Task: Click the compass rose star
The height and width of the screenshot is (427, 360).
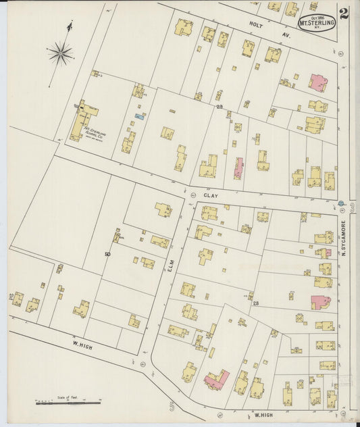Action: point(61,52)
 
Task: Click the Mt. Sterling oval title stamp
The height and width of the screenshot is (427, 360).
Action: point(317,22)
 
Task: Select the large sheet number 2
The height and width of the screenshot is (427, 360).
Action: point(344,14)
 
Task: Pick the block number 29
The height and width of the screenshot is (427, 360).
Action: point(220,106)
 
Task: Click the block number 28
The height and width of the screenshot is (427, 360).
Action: point(255,303)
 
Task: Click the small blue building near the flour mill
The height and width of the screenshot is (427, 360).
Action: point(139,116)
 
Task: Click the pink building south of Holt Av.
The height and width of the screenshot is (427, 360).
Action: point(317,82)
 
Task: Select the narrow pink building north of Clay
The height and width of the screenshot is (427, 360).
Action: point(238,168)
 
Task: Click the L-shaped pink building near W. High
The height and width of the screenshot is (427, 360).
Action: point(217,379)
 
